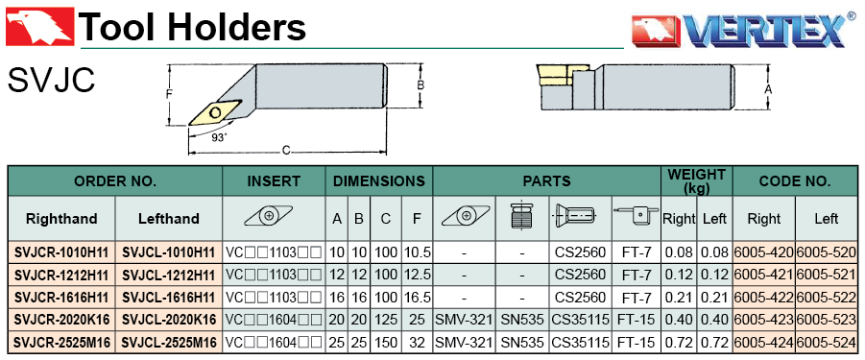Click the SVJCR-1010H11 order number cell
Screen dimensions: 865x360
pos(61,252)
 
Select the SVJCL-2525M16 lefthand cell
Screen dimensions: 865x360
pos(168,343)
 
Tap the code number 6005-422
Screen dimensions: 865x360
pos(763,298)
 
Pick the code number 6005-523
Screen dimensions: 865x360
pos(827,321)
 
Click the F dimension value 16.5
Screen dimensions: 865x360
pos(417,298)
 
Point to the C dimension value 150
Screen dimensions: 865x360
pos(386,343)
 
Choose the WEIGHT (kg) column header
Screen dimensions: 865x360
pos(697,181)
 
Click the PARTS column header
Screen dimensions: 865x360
pos(546,181)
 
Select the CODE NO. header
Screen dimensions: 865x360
pos(795,181)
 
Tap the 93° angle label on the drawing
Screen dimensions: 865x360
pos(219,138)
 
